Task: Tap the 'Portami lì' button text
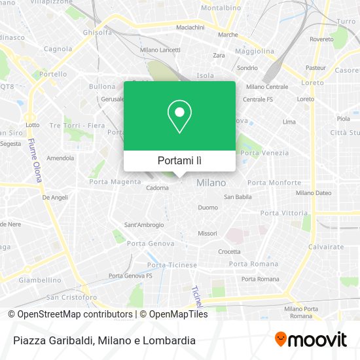179,160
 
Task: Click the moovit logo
310,340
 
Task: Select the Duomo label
207,207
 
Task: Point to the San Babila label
238,196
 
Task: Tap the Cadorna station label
157,188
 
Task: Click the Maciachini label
190,27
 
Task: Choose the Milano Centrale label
267,86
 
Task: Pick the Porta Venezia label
264,153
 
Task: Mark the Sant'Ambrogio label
144,225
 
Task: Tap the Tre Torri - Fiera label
77,125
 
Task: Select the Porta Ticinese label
171,265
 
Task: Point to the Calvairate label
325,247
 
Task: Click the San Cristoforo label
71,297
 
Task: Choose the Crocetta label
229,251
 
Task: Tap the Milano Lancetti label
160,50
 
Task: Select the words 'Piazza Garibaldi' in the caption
51,340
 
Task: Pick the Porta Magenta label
115,181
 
